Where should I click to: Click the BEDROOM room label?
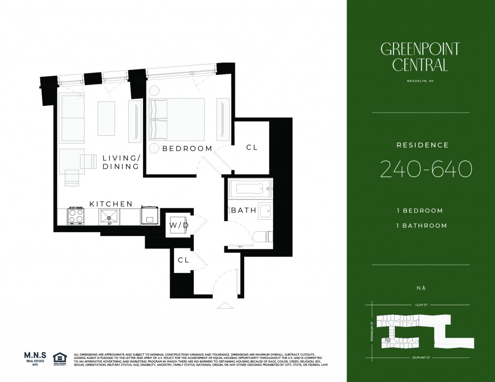tap(187, 148)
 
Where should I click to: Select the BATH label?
tap(240, 211)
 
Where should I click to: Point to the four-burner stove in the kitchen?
tap(76, 215)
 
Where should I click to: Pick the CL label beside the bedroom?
tap(252, 148)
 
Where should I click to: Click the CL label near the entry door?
tap(183, 260)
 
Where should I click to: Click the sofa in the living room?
tap(72, 118)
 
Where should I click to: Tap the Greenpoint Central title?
tap(420, 57)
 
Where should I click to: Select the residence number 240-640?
tap(426, 169)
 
